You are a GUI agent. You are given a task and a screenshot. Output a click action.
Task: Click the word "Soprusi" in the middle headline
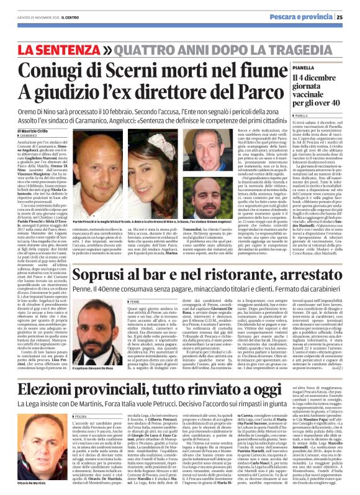tap(103, 292)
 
